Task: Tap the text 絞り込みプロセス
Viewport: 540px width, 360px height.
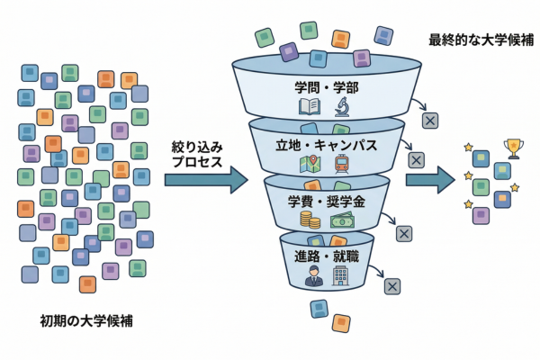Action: coord(198,154)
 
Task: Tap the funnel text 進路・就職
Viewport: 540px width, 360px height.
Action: coord(325,254)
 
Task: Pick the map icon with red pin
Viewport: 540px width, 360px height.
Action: coord(312,164)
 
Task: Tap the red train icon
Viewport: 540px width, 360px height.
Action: coord(341,164)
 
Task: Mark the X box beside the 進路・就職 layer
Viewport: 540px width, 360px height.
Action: coord(391,286)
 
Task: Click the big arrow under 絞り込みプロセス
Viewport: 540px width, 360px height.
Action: coord(205,180)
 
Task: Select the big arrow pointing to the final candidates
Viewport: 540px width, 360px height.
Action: coord(429,179)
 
